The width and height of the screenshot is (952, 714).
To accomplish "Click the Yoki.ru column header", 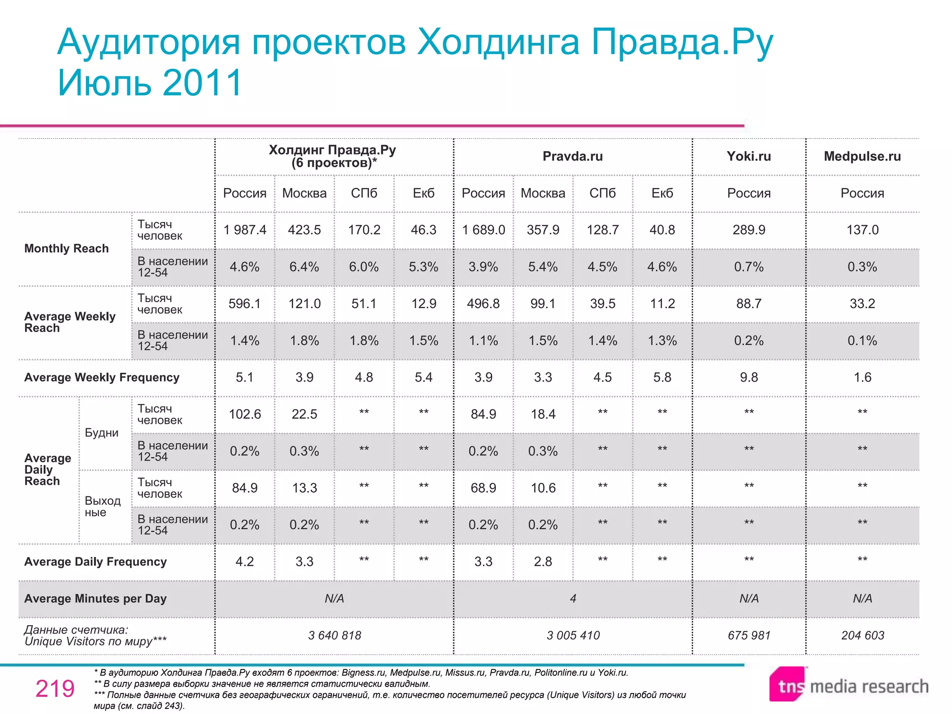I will tap(748, 156).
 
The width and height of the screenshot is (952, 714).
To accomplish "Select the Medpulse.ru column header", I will tap(862, 156).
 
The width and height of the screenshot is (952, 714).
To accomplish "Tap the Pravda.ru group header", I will tap(573, 156).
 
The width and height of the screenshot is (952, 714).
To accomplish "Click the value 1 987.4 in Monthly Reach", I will tap(245, 230).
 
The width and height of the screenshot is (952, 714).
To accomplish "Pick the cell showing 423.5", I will tap(304, 230).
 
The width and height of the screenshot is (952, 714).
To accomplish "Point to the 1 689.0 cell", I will tap(483, 230).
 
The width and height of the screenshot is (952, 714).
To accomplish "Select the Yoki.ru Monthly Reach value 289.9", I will tap(748, 230).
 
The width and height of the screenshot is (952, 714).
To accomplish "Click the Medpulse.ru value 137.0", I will tap(862, 230).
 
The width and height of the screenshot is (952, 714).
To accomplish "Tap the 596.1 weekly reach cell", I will tap(245, 304).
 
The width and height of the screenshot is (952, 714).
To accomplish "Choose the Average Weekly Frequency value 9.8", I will tap(748, 377).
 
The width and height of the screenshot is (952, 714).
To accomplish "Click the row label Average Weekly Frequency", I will tap(102, 377).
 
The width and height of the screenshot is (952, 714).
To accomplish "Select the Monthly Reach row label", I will tap(66, 249).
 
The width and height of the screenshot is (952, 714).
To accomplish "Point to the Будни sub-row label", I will tap(101, 433).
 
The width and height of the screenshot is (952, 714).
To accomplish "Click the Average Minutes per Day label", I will tap(95, 599).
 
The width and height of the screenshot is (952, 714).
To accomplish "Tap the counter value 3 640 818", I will tap(335, 635).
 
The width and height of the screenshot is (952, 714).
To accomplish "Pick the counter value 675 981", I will tap(748, 635).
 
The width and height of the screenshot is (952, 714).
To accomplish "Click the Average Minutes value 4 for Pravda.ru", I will tap(573, 599).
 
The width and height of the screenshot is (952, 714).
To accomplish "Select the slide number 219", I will tap(55, 688).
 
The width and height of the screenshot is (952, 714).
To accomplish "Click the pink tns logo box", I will tap(787, 685).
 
